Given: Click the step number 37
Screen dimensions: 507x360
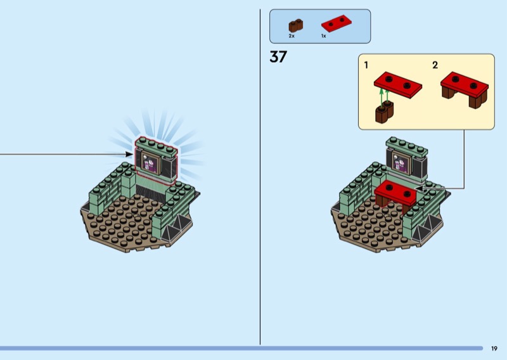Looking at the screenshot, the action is (278, 56).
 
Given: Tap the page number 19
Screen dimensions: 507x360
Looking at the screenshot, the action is (494, 349).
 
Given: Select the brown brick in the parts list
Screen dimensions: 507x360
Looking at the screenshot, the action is (295, 25).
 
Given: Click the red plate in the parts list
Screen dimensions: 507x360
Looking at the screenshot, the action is (337, 23).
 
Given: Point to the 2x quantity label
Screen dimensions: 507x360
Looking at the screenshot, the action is (292, 36).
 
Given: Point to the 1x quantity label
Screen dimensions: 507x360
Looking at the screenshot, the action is (323, 36).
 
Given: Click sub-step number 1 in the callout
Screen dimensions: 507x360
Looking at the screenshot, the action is (366, 65).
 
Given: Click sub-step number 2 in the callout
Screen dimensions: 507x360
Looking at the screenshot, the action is (435, 65).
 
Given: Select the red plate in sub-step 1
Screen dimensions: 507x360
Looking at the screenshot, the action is (398, 85).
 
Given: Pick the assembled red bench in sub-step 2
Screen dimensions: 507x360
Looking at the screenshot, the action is (465, 89).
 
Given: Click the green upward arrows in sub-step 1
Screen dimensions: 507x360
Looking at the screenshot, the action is (384, 98).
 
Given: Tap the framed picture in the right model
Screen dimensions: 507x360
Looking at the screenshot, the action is (401, 163).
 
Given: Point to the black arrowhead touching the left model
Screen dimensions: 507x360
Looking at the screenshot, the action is (129, 154).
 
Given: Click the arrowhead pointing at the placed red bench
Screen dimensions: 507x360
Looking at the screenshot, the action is (419, 188).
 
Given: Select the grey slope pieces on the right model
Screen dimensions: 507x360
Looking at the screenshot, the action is (427, 229).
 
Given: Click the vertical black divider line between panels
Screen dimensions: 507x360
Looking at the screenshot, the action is (260, 177).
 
